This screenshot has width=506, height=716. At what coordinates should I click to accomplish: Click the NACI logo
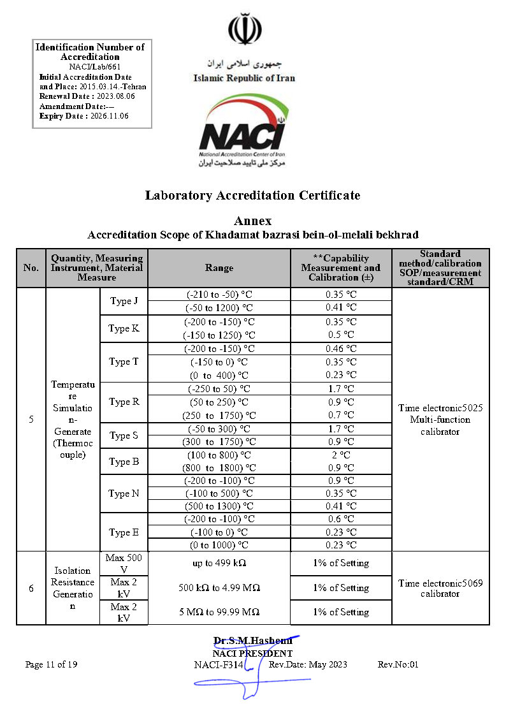244,130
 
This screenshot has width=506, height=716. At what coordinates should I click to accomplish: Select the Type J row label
124,301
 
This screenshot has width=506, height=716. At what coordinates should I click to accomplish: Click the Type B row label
124,462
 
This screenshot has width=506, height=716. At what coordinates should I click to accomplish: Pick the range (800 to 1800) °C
219,468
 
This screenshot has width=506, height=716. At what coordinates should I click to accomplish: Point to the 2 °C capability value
341,455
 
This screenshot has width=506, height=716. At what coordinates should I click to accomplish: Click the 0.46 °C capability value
341,349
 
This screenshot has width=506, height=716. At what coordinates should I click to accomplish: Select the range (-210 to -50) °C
219,295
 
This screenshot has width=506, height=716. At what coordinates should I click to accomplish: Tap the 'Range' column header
219,268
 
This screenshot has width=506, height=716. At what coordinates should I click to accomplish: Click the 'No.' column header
31,268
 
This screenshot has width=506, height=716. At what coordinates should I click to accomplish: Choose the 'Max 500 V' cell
124,563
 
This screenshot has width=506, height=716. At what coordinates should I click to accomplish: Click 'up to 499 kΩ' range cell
219,563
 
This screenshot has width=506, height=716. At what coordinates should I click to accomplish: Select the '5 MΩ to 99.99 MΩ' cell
219,612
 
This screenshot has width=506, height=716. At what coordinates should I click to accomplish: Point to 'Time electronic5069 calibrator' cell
440,588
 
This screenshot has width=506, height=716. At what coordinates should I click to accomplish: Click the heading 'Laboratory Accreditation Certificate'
252,195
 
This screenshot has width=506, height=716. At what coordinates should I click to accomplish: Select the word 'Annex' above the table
252,221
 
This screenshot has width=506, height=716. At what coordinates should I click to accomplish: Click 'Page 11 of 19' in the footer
52,664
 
